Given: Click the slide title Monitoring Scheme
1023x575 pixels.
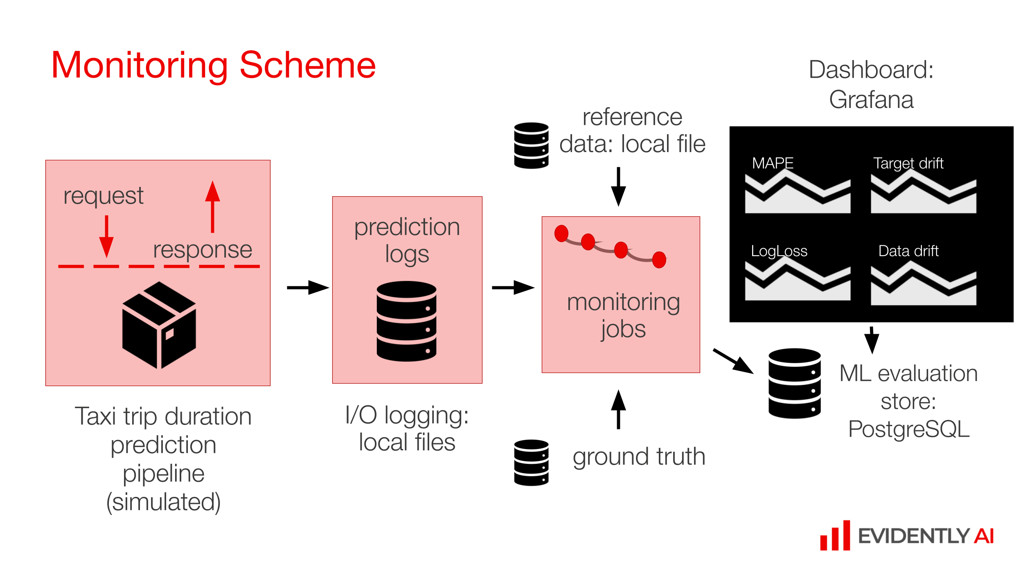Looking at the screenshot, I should pos(213,65).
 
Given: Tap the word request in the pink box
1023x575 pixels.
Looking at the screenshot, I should pos(103,195).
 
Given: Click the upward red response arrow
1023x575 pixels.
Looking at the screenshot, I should pos(212,207).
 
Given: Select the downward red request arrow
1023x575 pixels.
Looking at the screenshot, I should pos(106,236).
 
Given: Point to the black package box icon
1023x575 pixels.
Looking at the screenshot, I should pos(159,325).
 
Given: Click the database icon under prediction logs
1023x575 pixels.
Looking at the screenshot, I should pos(406,321).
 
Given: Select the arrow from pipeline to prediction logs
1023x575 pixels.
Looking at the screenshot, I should pos(308,287).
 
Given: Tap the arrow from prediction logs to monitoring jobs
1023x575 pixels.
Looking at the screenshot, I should pos(513,287).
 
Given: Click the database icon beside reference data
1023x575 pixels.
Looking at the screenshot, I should pos(531,145).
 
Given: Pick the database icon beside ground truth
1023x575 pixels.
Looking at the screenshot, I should pos(531,463).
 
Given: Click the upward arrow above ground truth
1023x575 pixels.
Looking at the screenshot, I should pos(618,409).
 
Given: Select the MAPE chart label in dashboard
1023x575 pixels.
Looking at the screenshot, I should pos(773,163).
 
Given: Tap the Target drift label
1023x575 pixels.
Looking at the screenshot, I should pos(908,163).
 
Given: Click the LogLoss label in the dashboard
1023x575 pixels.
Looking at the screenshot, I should pos(779,251).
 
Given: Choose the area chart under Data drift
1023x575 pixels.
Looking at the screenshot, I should pos(923,286).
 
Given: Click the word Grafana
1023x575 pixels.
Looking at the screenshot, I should pos(871,100).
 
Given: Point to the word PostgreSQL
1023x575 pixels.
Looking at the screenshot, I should pos(909,429).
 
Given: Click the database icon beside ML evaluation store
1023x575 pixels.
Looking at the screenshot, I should pos(794,383).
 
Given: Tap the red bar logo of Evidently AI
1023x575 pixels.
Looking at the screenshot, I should pos(835,536).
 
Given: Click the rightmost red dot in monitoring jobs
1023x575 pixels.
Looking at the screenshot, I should pos(659,260).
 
